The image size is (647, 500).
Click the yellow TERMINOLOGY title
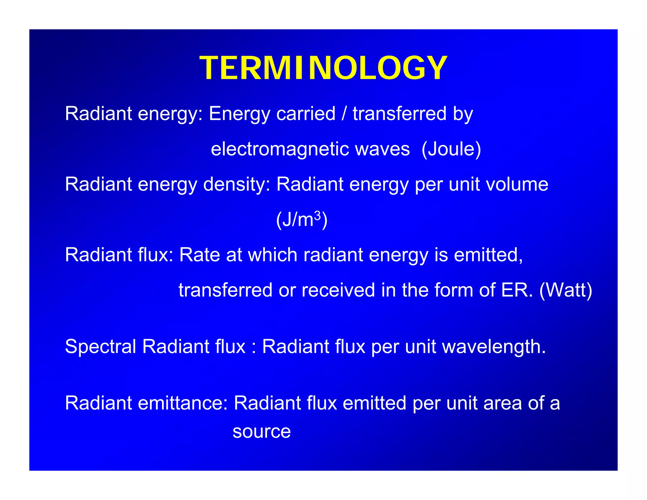click(x=323, y=68)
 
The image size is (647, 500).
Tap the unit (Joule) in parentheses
click(x=451, y=149)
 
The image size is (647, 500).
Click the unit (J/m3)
click(x=302, y=220)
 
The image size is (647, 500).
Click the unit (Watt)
click(x=565, y=290)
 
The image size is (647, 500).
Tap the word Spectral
click(x=100, y=346)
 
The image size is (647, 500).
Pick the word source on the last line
click(x=262, y=432)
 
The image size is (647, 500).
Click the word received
click(x=338, y=290)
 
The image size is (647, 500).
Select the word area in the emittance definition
click(x=502, y=404)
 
